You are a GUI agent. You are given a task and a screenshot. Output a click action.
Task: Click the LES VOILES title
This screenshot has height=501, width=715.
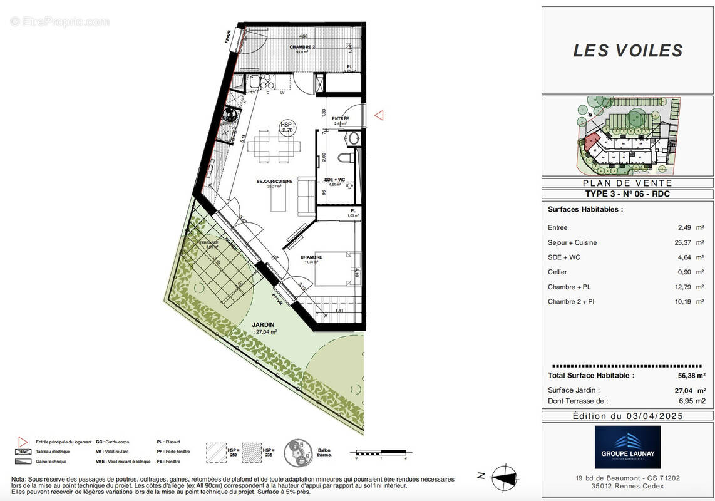pos(627,51)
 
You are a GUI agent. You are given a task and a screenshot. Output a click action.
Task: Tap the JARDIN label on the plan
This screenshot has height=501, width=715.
pos(264,324)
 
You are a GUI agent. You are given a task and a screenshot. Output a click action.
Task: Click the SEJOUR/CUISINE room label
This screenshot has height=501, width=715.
pos(274,182)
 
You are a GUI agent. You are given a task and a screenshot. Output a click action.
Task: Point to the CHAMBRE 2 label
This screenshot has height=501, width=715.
pos(302,48)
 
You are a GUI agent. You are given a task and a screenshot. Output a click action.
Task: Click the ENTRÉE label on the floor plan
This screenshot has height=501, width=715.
pos(340,118)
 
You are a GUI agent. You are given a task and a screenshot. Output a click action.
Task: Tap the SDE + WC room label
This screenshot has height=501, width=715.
pos(334,180)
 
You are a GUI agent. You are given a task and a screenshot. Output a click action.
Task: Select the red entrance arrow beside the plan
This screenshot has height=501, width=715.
pos(379,115)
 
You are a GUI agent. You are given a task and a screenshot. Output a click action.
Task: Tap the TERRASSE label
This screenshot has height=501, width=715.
pos(208,243)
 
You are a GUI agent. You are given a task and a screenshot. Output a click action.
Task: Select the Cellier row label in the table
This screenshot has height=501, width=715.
pos(558,272)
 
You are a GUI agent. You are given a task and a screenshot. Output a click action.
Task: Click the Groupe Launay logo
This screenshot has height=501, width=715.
pos(627,447)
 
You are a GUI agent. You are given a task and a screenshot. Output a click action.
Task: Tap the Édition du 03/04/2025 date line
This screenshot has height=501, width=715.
pos(627,416)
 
